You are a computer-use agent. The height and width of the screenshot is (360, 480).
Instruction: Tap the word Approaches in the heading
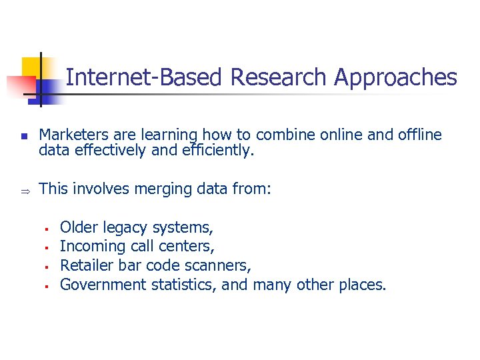(x=395, y=78)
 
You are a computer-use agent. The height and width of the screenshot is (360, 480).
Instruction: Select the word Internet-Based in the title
(x=143, y=78)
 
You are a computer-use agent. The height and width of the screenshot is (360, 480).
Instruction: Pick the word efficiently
(x=219, y=151)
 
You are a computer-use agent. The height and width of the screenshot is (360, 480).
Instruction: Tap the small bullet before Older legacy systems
(x=48, y=229)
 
